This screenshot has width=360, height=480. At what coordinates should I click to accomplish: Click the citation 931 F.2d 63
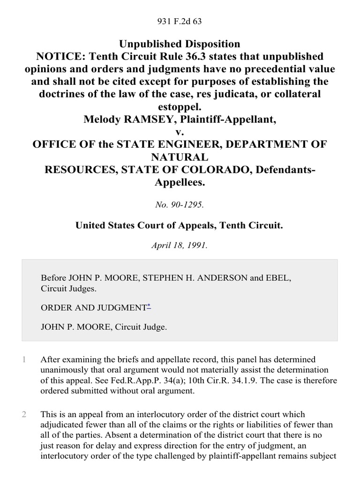(x=180, y=21)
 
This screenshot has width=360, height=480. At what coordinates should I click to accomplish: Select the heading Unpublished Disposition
(x=180, y=44)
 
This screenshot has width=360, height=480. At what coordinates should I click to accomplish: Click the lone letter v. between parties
(x=180, y=132)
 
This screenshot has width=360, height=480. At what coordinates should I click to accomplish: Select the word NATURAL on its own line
(x=180, y=157)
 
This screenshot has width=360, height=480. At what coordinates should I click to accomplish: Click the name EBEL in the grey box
(x=277, y=278)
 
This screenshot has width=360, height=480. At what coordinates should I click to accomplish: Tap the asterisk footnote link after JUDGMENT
(x=149, y=307)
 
